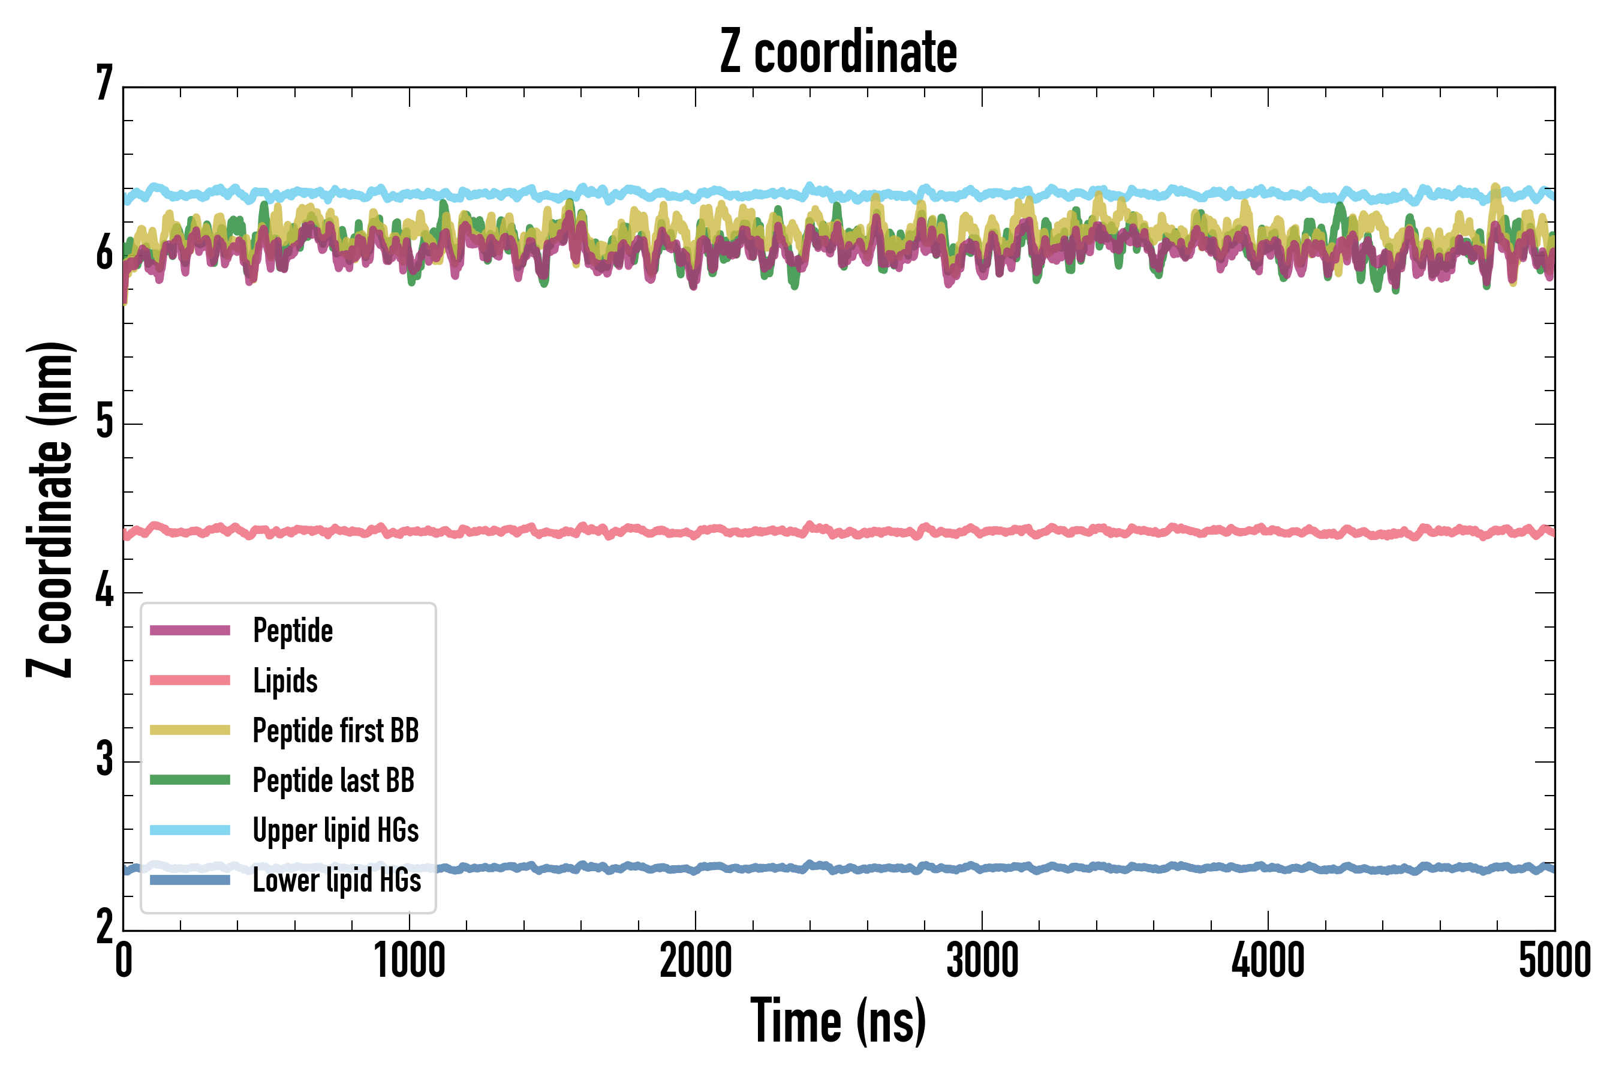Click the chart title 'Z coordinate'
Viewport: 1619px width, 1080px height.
click(x=838, y=52)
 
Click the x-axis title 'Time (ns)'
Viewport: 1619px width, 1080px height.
click(x=838, y=1021)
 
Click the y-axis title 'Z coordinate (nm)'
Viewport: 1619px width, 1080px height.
click(x=50, y=509)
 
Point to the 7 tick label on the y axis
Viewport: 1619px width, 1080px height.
click(x=104, y=83)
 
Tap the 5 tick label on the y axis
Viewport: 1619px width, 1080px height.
click(x=104, y=422)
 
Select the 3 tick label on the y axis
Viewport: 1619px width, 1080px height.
click(x=104, y=760)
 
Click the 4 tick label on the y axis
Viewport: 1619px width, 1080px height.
click(x=104, y=591)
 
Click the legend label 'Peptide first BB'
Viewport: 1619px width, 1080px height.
click(x=336, y=731)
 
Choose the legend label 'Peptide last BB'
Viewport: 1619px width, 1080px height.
click(x=334, y=781)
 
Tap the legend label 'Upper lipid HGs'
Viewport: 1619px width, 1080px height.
click(x=336, y=830)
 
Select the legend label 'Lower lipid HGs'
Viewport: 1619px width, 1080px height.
click(x=337, y=880)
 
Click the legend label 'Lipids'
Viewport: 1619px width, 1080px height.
click(x=285, y=681)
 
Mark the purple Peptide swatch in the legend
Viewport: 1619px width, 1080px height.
click(x=190, y=630)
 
